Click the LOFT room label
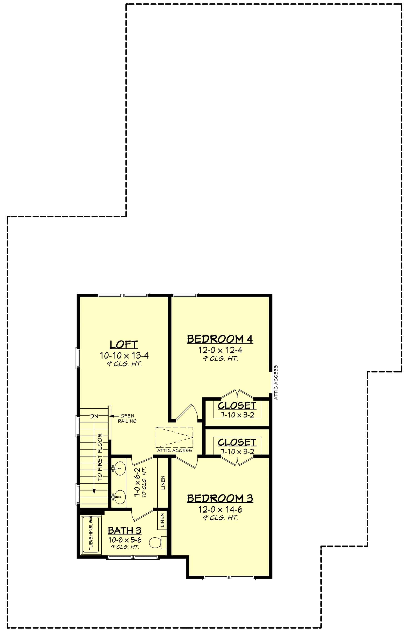click(124, 345)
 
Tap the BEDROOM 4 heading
click(220, 339)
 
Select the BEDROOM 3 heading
click(220, 499)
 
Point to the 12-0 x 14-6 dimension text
click(220, 509)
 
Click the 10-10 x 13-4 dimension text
click(124, 356)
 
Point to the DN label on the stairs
click(94, 417)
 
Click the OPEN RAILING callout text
click(127, 418)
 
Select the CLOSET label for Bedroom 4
click(237, 406)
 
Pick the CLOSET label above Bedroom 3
click(237, 442)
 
